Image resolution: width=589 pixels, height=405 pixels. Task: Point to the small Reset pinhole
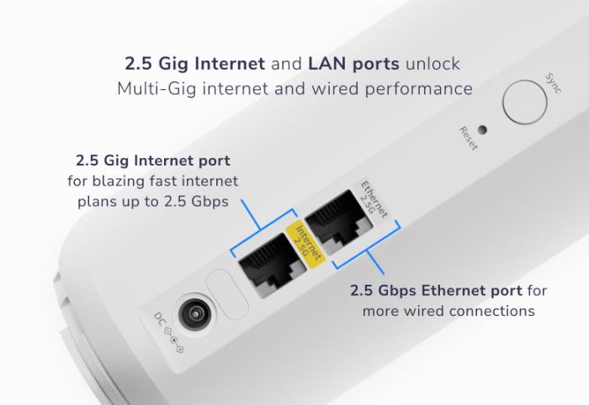pos(481,130)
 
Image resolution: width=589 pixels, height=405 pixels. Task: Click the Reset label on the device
pos(468,138)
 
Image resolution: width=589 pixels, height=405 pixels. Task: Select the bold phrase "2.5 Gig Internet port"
pos(153,160)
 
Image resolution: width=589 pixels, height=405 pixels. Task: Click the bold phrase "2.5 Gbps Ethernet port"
pos(437,292)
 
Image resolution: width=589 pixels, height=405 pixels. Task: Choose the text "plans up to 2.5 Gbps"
pos(153,202)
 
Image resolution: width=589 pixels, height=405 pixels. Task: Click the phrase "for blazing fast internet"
pos(153,181)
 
